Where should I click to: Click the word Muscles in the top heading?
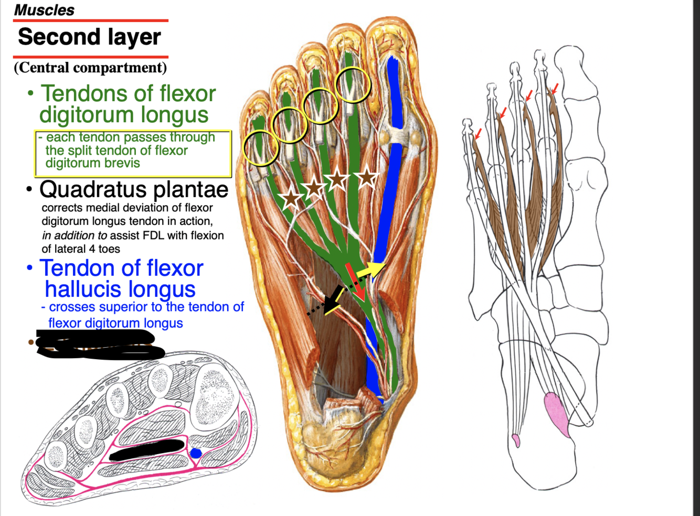click(x=44, y=10)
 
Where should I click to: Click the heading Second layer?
click(x=89, y=37)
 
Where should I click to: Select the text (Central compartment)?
click(x=90, y=68)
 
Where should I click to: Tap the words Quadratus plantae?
click(x=134, y=189)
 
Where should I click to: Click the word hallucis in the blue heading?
click(x=120, y=289)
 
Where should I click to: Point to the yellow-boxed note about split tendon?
click(x=132, y=153)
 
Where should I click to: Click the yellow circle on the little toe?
click(x=261, y=148)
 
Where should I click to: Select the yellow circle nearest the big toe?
click(x=353, y=84)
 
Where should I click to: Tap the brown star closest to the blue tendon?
click(x=367, y=178)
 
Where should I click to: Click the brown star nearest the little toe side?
click(x=291, y=199)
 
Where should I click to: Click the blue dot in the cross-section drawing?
click(x=196, y=453)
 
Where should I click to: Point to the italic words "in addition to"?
click(x=75, y=235)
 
